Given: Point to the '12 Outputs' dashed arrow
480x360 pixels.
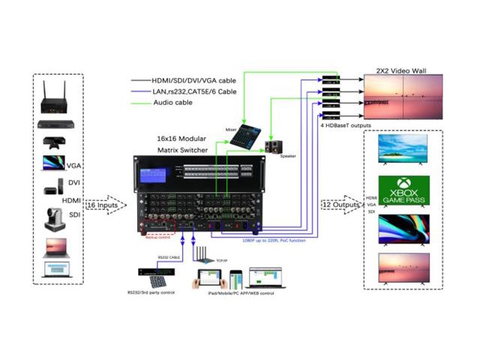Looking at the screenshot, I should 337,205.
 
